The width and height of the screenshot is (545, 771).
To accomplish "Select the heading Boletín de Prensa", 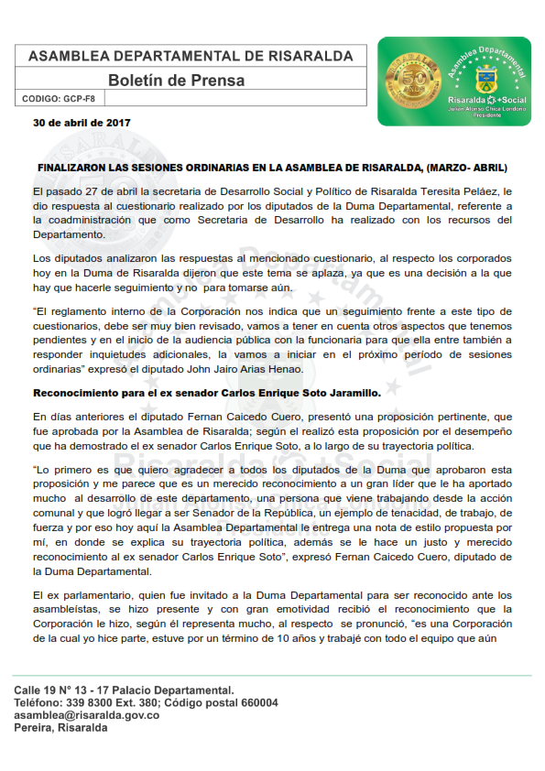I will click(x=176, y=81).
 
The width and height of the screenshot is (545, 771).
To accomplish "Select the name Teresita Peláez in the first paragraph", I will click(x=461, y=191).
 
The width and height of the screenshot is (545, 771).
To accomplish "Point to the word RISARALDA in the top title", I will click(x=311, y=56).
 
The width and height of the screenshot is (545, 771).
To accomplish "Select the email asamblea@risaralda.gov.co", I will click(x=87, y=715).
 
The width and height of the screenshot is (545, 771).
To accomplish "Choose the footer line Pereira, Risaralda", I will click(x=60, y=728).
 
